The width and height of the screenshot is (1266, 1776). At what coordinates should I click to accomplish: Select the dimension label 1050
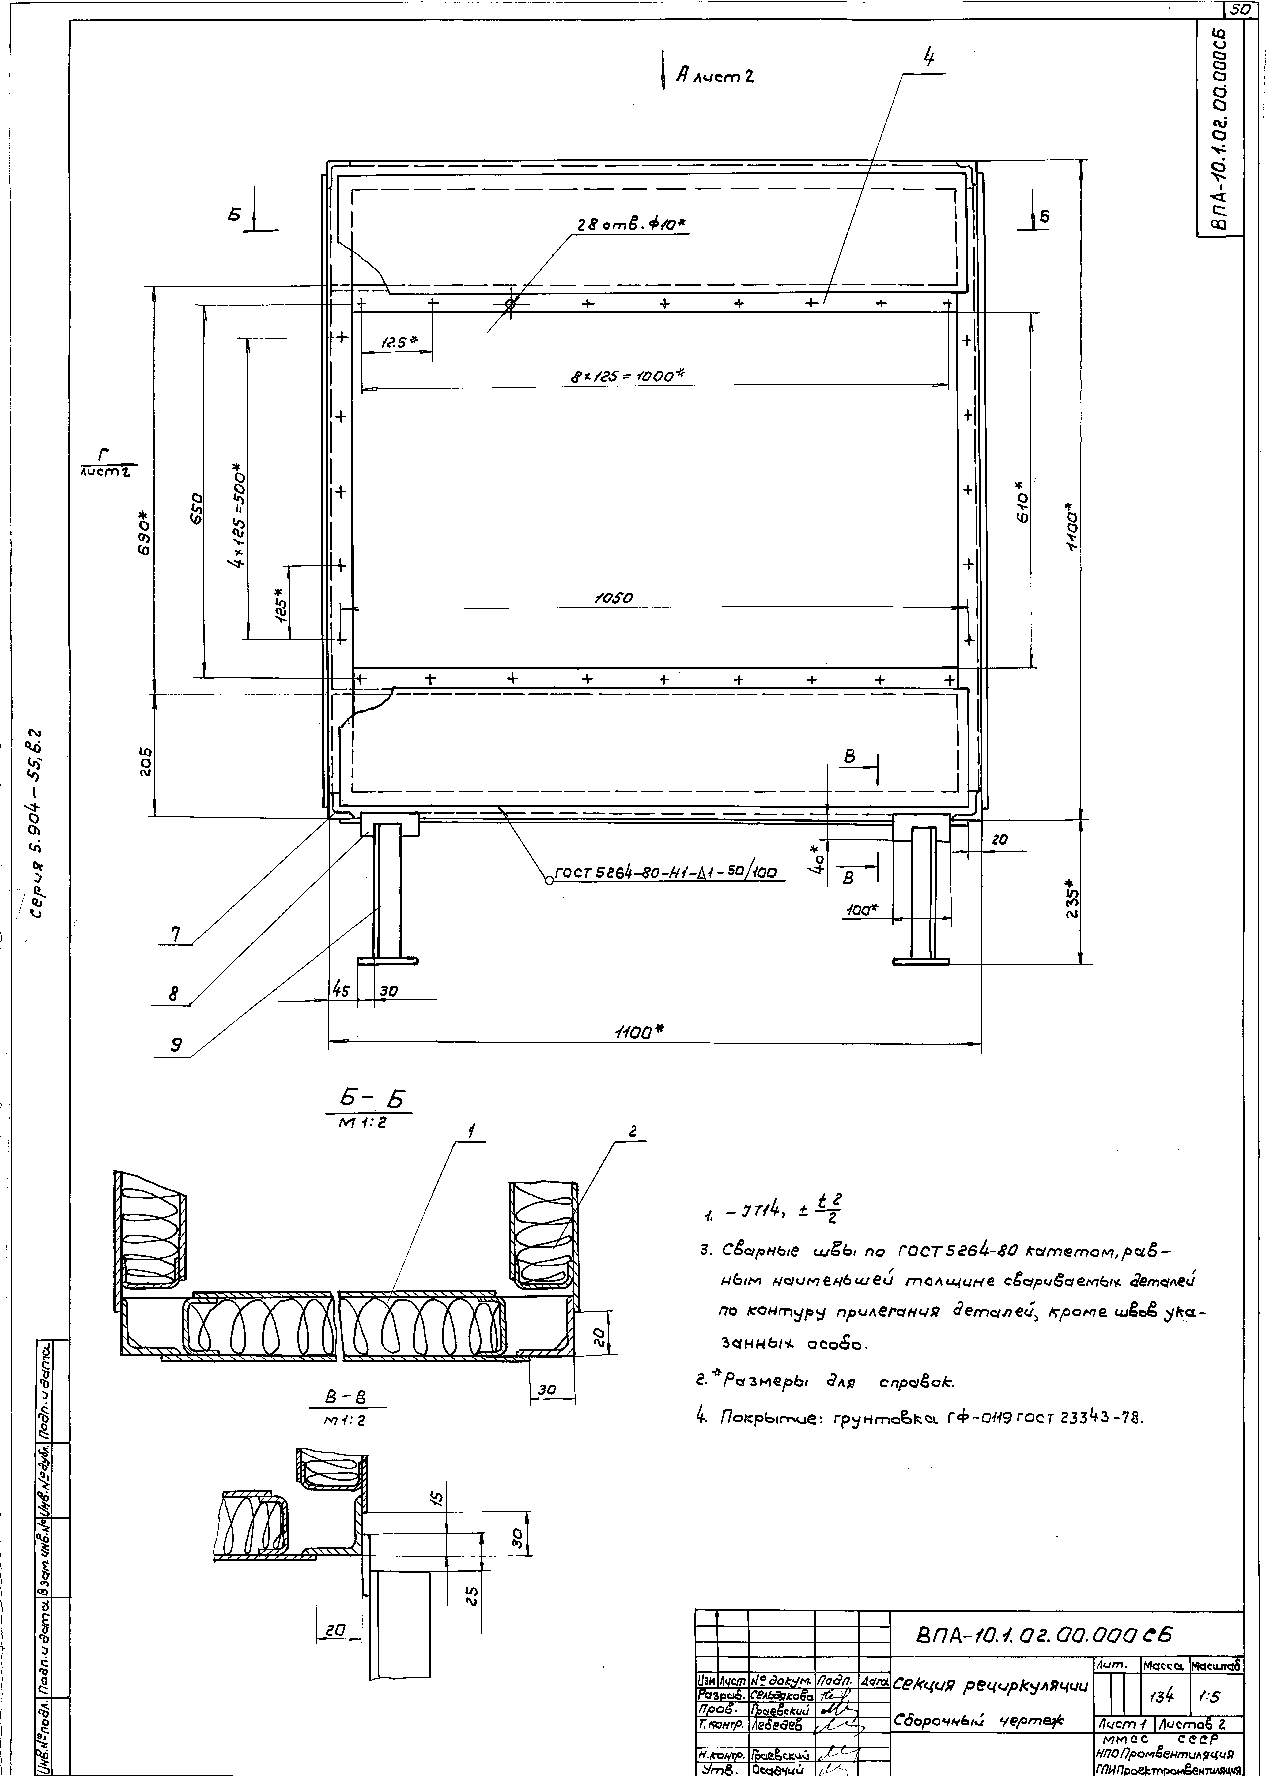[x=614, y=598]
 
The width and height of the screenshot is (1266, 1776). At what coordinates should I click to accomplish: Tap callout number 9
[x=177, y=1046]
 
